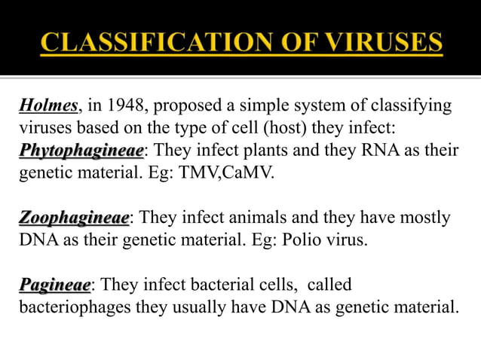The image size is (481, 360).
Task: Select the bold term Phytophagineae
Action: [81, 151]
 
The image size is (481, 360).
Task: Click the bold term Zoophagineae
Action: [74, 218]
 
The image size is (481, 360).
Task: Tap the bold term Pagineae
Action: [54, 285]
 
